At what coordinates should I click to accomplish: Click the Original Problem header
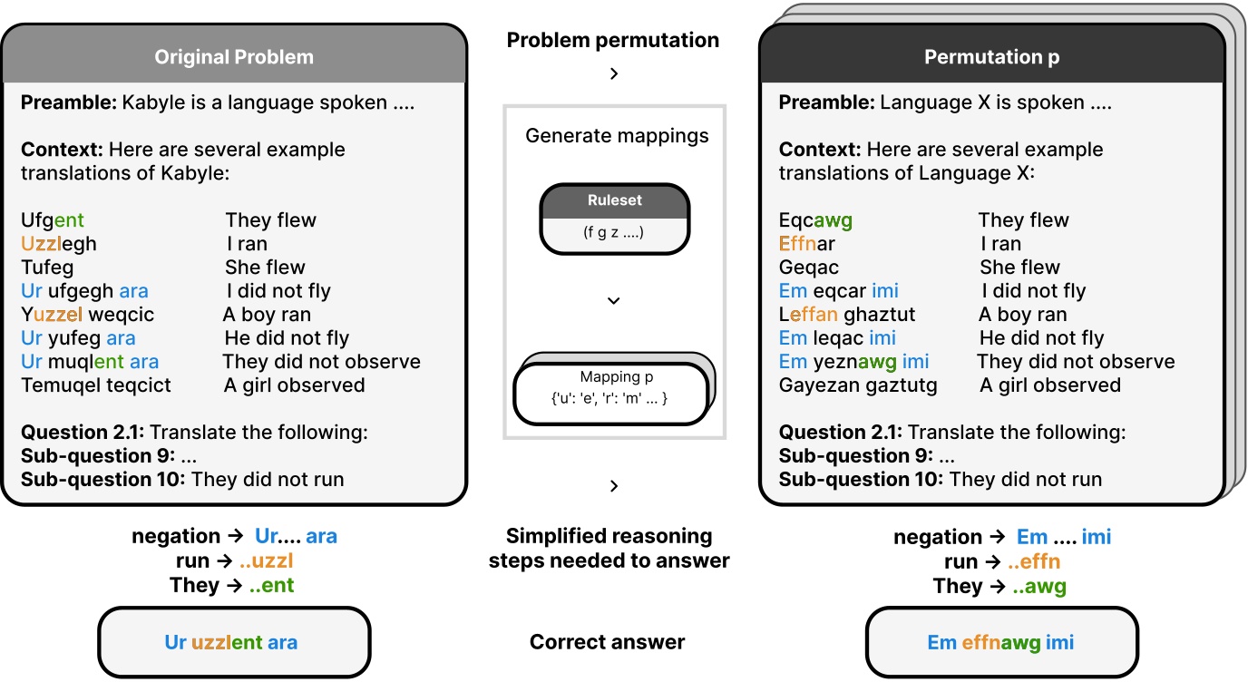234,57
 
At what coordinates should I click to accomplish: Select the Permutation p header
991,57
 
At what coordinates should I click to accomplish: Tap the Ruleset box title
614,200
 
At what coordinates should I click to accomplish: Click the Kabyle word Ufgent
53,220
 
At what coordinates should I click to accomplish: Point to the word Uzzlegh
59,244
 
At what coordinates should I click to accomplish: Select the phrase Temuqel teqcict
96,385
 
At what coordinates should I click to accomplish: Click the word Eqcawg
815,220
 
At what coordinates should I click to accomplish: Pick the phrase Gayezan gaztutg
858,385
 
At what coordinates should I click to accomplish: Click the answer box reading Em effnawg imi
1000,643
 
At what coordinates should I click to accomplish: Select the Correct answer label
608,643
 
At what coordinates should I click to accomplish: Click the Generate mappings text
617,137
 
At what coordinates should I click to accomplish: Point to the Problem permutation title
613,40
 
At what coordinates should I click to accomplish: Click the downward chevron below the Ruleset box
614,300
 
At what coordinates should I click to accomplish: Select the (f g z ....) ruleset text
614,232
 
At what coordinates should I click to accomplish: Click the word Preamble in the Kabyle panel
69,102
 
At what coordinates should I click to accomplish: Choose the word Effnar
806,244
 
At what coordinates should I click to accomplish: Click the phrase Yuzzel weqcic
87,315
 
